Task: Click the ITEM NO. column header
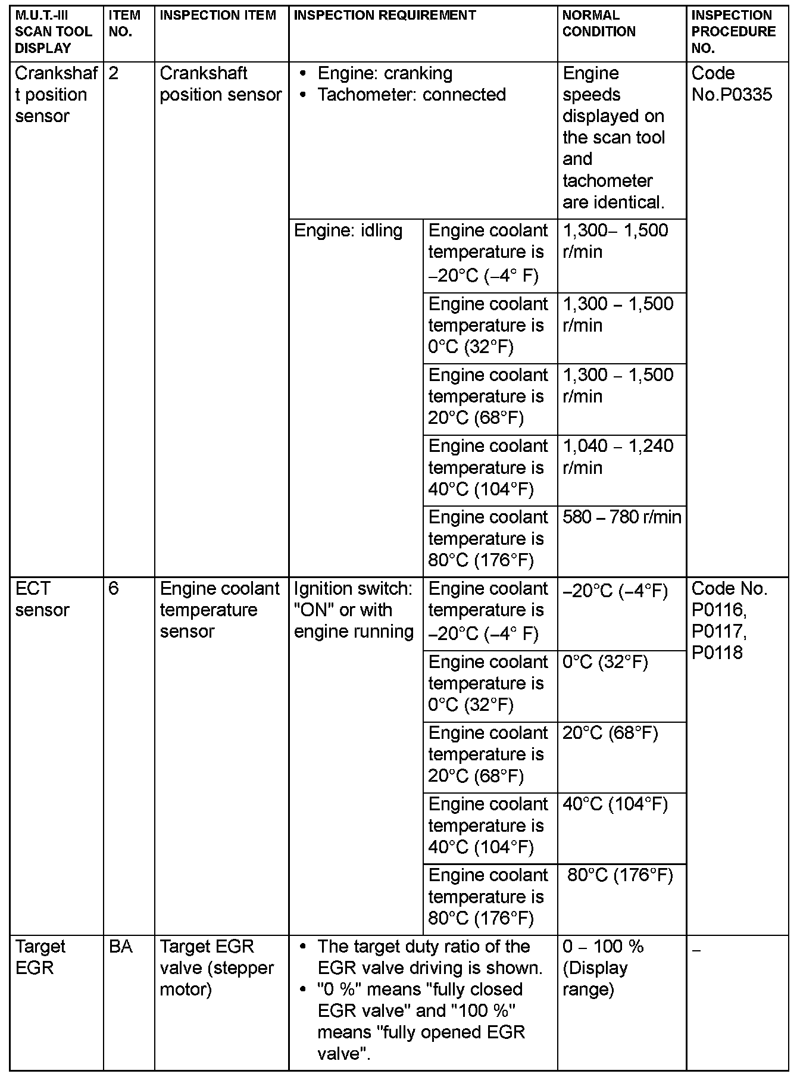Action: (x=125, y=24)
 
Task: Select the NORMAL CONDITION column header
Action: (x=599, y=24)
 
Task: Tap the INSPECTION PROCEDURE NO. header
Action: (x=733, y=32)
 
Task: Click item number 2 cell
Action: (x=114, y=73)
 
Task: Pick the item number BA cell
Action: (x=121, y=947)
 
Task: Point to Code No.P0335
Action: (x=732, y=84)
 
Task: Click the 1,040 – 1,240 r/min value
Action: (x=618, y=457)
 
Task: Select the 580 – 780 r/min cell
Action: (x=621, y=517)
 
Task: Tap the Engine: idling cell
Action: (x=348, y=230)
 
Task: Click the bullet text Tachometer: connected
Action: (x=411, y=95)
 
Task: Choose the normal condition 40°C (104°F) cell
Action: (x=615, y=804)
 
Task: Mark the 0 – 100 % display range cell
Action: (x=603, y=967)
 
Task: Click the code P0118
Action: (x=717, y=653)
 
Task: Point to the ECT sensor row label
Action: (x=42, y=599)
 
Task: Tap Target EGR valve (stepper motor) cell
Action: (x=217, y=967)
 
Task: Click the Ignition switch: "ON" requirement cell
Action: (x=354, y=610)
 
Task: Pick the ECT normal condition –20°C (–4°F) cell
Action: (x=615, y=591)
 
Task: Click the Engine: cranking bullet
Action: (x=385, y=73)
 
